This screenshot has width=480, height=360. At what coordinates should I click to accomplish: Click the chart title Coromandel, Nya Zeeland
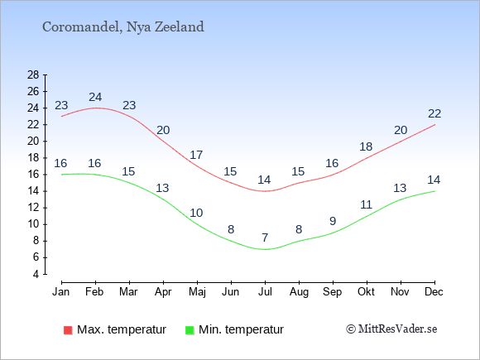pos(123,27)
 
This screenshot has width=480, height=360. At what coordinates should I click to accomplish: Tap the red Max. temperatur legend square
pos(68,330)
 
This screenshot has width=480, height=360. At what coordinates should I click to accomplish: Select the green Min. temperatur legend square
pos(190,330)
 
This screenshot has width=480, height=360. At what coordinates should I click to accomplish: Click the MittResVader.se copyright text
pos(391,329)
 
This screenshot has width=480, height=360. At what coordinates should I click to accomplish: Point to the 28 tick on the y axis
pos(33,74)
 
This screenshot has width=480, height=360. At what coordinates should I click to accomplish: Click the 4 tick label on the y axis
pos(36,274)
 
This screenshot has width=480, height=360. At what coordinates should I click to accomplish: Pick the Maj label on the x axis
pos(197,292)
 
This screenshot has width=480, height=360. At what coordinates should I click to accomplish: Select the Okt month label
pos(366,292)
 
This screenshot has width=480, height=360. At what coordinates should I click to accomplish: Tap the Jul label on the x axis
pos(265,292)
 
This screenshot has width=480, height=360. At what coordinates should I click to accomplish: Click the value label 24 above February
pos(95,97)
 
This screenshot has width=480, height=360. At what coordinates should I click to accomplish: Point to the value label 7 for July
pos(265,238)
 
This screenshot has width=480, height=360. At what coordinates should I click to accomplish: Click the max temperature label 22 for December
pos(434,114)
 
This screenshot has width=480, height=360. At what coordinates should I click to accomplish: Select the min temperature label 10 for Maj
pos(196,213)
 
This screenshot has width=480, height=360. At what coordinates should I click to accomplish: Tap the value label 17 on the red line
pos(196,155)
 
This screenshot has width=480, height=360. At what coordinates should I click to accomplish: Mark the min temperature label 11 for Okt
pos(366,204)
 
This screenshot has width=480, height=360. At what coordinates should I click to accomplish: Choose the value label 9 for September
pos(333,221)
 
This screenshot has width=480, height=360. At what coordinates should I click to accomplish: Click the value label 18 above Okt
pos(366,147)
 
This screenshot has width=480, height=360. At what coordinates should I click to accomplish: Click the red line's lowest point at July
pos(265,191)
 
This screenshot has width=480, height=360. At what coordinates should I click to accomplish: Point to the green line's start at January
pos(62,175)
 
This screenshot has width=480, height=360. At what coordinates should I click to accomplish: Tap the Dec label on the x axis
pos(434,292)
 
